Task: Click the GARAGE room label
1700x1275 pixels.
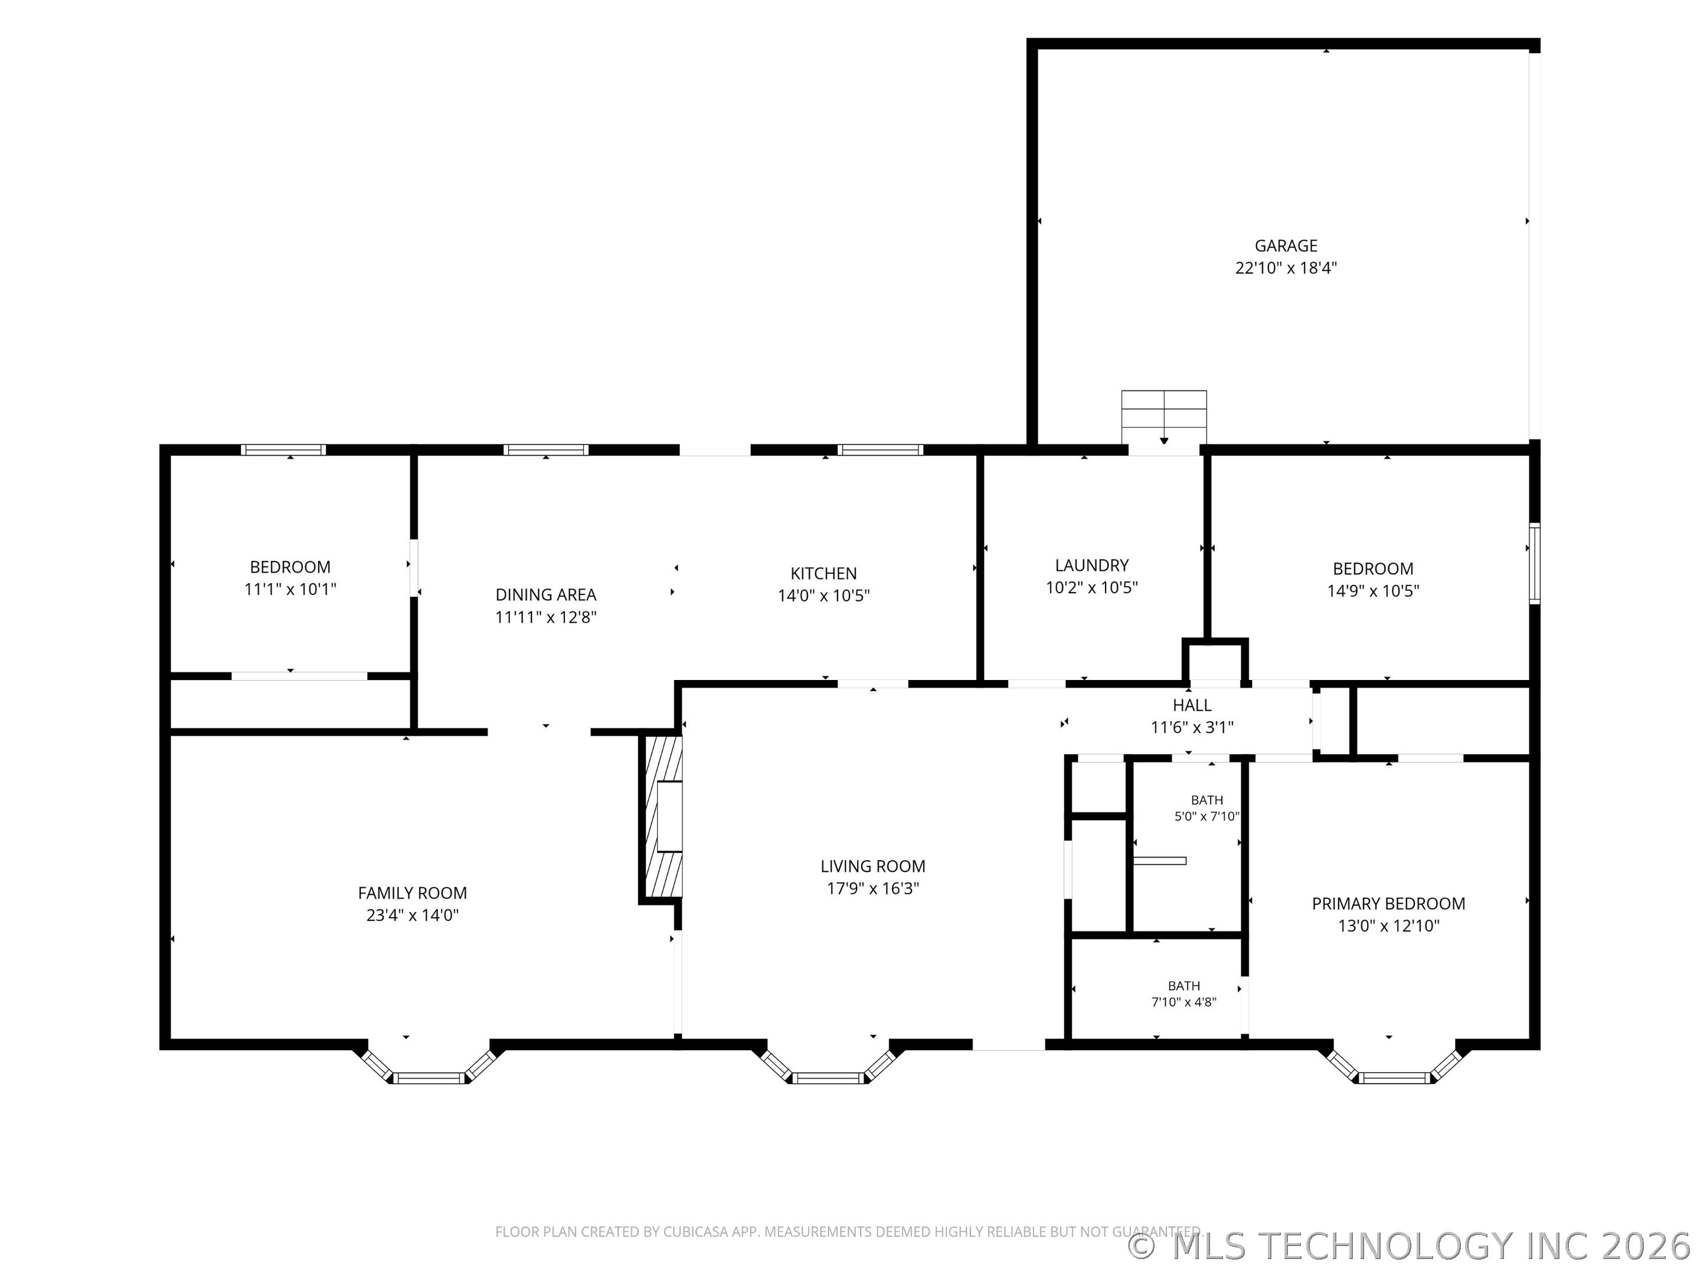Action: (1286, 246)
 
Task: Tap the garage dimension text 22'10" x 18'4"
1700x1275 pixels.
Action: (1286, 268)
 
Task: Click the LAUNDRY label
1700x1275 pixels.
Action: (1091, 565)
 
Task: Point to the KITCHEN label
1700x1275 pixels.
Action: (823, 573)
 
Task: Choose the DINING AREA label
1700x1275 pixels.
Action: (545, 595)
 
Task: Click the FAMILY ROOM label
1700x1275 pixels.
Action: (412, 893)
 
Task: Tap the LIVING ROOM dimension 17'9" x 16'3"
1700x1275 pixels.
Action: (872, 888)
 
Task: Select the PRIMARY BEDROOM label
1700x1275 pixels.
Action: (1388, 904)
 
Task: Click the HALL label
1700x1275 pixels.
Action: (1192, 705)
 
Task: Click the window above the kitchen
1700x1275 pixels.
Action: (880, 450)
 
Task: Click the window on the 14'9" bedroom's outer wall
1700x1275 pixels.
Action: (1535, 563)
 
